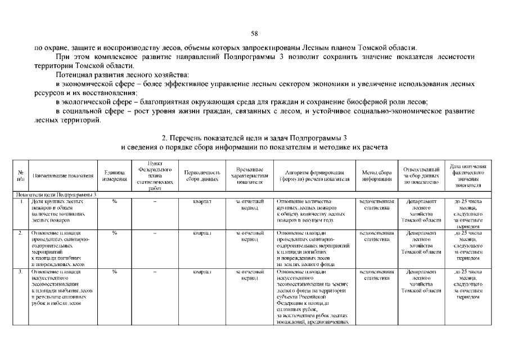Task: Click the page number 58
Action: [x=254, y=33]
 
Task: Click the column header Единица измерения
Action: [x=114, y=175]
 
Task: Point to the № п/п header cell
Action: [x=21, y=175]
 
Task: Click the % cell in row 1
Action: [x=114, y=201]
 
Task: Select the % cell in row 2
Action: [x=114, y=232]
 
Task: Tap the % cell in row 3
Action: [x=114, y=272]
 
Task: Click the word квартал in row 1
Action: [x=202, y=201]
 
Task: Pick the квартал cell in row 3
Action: [x=202, y=272]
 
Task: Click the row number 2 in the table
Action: [x=21, y=232]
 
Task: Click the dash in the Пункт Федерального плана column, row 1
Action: [x=155, y=201]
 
